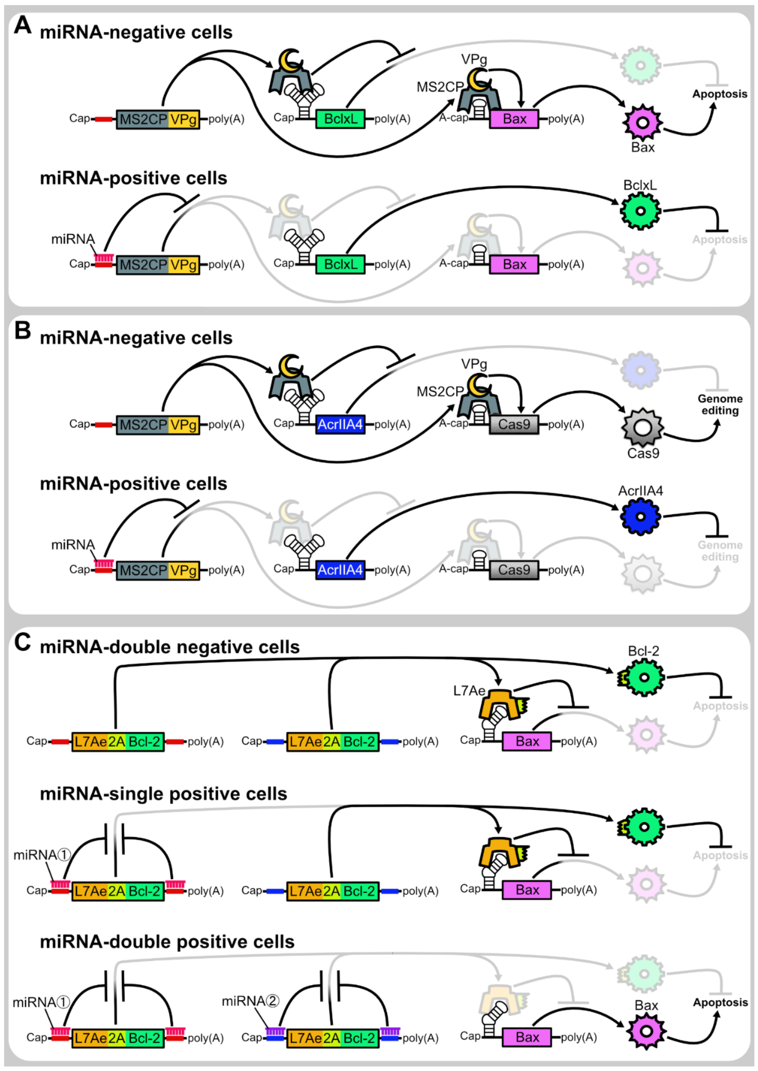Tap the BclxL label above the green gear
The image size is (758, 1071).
click(640, 185)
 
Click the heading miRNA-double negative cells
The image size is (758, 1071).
click(170, 647)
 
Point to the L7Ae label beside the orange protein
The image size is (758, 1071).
click(469, 691)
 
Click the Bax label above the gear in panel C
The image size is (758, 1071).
click(646, 1005)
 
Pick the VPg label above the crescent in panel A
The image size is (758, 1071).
click(474, 60)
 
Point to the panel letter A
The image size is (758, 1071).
click(23, 25)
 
